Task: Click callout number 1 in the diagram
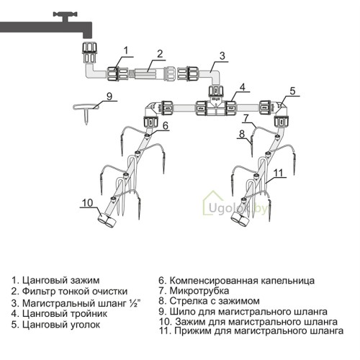click(126, 50)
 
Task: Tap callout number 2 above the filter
click(160, 53)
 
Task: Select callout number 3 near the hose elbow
click(222, 55)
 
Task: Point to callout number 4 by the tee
click(243, 87)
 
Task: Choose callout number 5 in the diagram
click(292, 91)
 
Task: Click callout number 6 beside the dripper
click(166, 126)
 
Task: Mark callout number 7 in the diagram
click(246, 118)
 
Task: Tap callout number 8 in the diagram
click(242, 134)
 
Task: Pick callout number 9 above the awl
click(109, 96)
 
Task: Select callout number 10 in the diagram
click(87, 203)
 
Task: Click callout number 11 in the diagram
click(278, 173)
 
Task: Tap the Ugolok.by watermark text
click(238, 208)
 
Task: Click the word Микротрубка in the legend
click(199, 291)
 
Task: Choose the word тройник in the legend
click(89, 314)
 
